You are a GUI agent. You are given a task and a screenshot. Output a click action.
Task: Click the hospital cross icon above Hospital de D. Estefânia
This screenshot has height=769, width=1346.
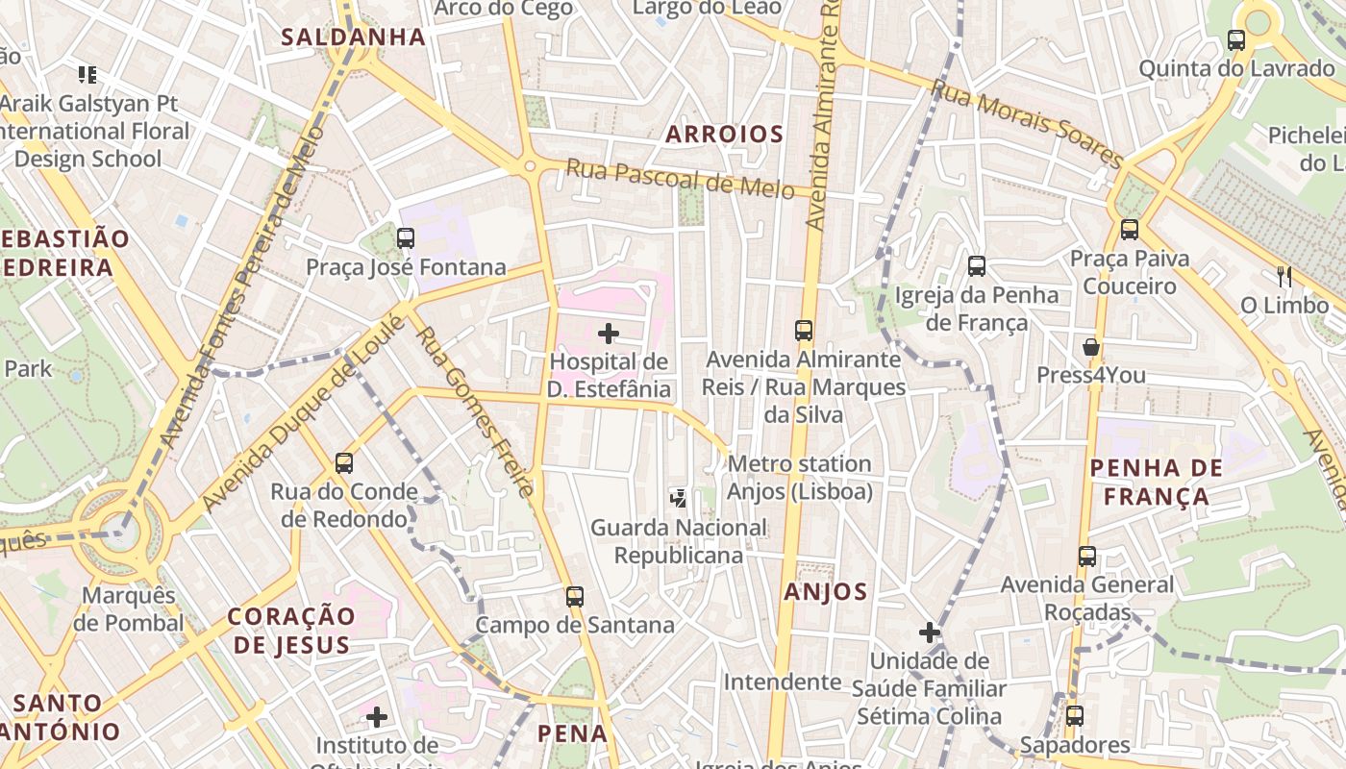point(609,334)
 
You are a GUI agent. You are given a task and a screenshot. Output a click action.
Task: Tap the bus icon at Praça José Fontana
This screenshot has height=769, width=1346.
point(406,237)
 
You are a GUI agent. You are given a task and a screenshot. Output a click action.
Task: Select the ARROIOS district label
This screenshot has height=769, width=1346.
point(725,135)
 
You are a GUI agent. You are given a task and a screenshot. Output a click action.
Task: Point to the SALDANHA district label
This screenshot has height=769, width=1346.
point(353,37)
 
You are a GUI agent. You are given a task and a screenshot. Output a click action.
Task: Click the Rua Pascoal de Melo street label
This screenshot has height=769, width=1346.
point(680,178)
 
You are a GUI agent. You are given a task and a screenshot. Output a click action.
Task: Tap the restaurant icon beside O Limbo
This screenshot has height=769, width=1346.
point(1284,277)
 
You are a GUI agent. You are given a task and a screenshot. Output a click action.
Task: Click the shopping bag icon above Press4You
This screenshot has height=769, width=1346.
point(1091,346)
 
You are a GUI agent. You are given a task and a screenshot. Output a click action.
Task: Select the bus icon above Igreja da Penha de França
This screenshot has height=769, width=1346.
point(977,266)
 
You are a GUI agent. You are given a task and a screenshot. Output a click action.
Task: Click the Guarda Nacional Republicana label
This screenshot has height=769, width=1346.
point(679,541)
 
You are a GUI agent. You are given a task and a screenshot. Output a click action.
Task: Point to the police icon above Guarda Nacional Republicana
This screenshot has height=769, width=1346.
point(679,498)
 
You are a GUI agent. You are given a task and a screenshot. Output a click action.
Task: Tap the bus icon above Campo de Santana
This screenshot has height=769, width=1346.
point(575,596)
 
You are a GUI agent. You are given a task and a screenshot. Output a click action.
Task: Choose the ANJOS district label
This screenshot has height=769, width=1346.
point(826,592)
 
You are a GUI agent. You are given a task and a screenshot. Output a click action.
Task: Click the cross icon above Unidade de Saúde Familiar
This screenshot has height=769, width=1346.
point(929,633)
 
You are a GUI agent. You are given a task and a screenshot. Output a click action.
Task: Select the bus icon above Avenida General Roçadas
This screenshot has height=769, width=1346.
point(1087,556)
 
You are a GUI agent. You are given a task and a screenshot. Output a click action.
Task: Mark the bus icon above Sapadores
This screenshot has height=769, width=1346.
point(1075,716)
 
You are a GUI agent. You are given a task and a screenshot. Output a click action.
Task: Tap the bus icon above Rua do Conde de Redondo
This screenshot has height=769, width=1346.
point(344,463)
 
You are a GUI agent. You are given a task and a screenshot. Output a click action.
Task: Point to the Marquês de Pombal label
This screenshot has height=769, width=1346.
point(128,609)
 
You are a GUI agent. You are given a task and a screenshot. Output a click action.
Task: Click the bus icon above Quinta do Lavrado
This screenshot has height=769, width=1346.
point(1236,40)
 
